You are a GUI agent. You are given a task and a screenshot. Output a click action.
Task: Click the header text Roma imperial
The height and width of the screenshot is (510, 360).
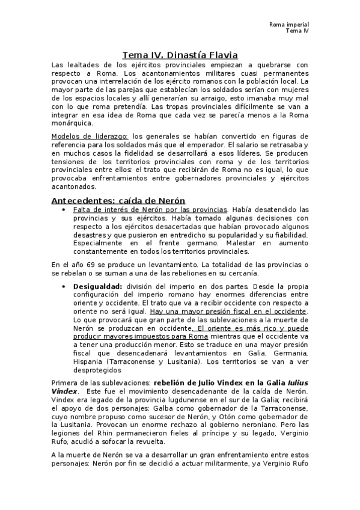(288, 24)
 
